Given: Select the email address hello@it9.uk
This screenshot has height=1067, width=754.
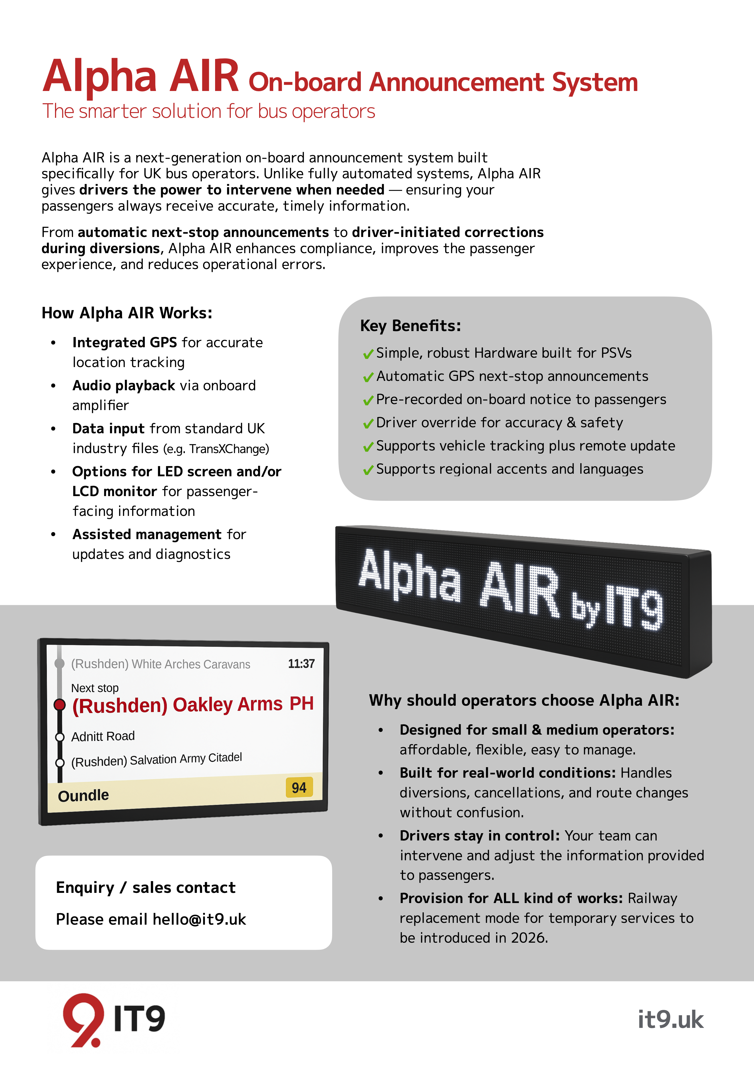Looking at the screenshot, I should [199, 919].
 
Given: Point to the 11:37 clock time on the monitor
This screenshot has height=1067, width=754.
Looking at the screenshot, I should [301, 664].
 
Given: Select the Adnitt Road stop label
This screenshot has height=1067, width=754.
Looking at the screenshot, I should [103, 736].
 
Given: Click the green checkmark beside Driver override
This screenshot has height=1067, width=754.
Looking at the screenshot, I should [368, 423].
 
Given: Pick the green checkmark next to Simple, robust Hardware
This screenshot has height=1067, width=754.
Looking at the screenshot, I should [368, 354].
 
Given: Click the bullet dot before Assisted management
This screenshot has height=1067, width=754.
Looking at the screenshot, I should [53, 534].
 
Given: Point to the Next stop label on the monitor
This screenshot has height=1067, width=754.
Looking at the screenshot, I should [95, 688].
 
